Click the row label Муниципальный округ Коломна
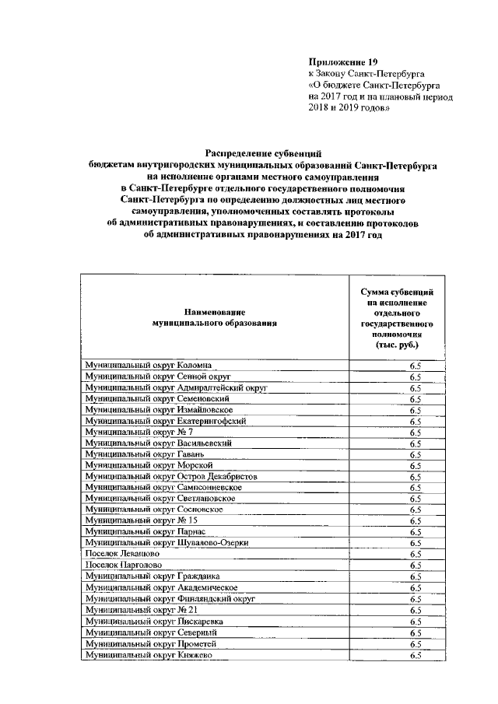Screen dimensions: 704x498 point(148,365)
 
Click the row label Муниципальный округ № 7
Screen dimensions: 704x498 point(139,432)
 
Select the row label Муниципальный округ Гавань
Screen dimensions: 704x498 point(145,454)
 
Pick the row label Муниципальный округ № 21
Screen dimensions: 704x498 point(142,611)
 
